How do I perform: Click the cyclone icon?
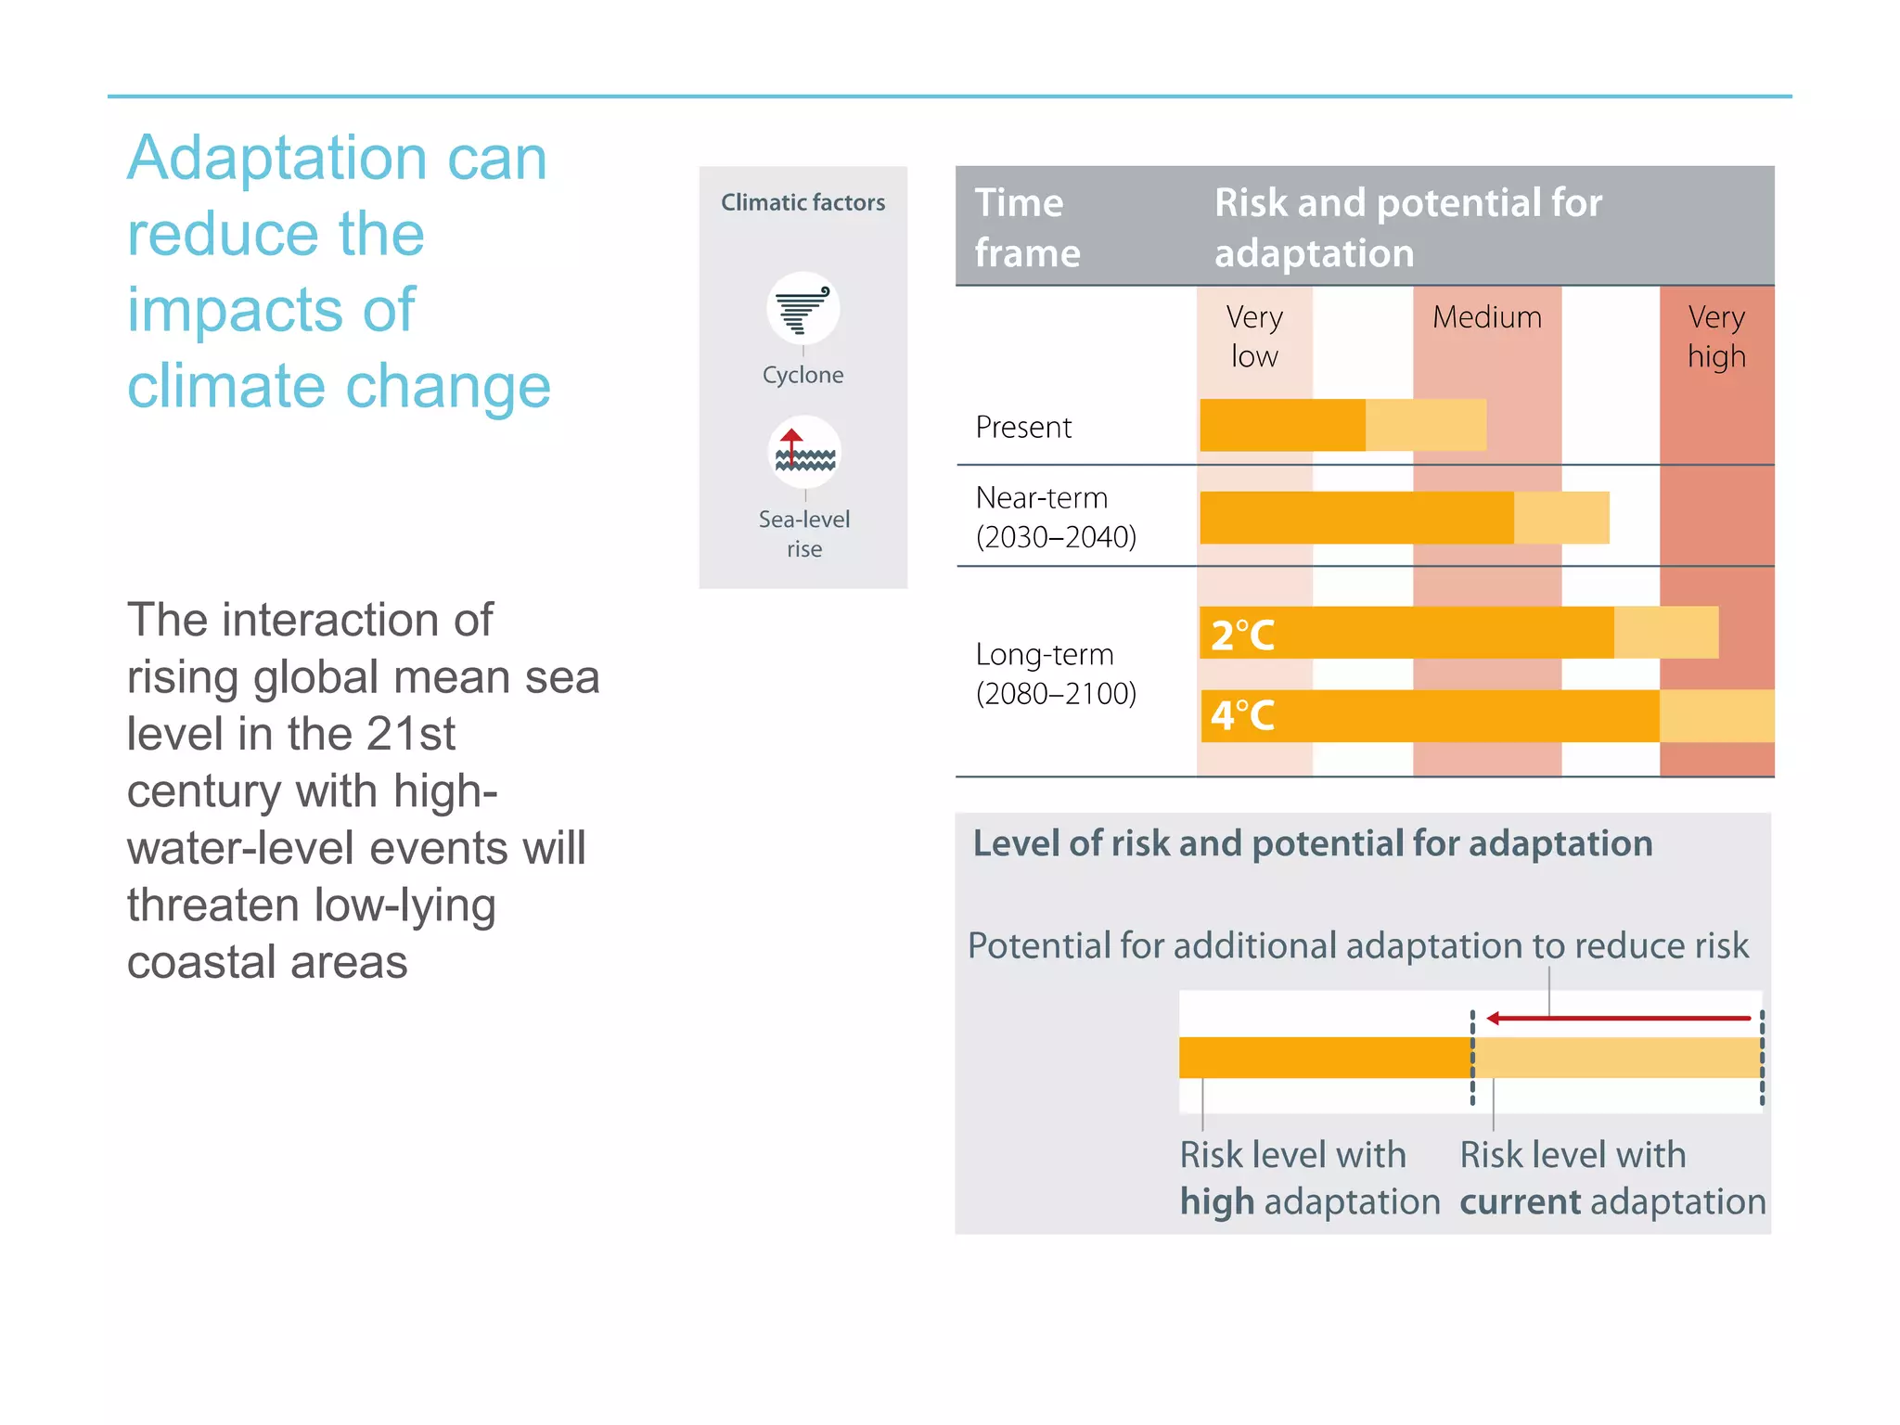coord(802,309)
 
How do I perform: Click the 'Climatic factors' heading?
coord(802,202)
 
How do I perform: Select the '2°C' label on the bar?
coord(1242,635)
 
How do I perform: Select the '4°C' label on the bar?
coord(1242,715)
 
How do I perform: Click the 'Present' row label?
coord(1023,427)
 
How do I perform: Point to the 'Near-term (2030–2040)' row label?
coord(1056,517)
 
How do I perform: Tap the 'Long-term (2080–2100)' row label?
coord(1056,674)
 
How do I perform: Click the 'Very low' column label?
coord(1254,336)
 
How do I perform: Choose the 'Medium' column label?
coord(1486,317)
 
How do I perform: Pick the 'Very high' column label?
coord(1716,336)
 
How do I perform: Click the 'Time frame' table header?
coord(1027,227)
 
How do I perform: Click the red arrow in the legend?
coord(1619,1018)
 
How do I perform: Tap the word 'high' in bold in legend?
coord(1216,1202)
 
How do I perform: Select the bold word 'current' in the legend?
coord(1520,1202)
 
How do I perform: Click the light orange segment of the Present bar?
coord(1426,425)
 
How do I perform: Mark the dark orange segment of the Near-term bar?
coord(1356,518)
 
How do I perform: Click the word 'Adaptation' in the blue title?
coord(276,159)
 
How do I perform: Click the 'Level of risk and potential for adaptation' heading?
coord(1312,843)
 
